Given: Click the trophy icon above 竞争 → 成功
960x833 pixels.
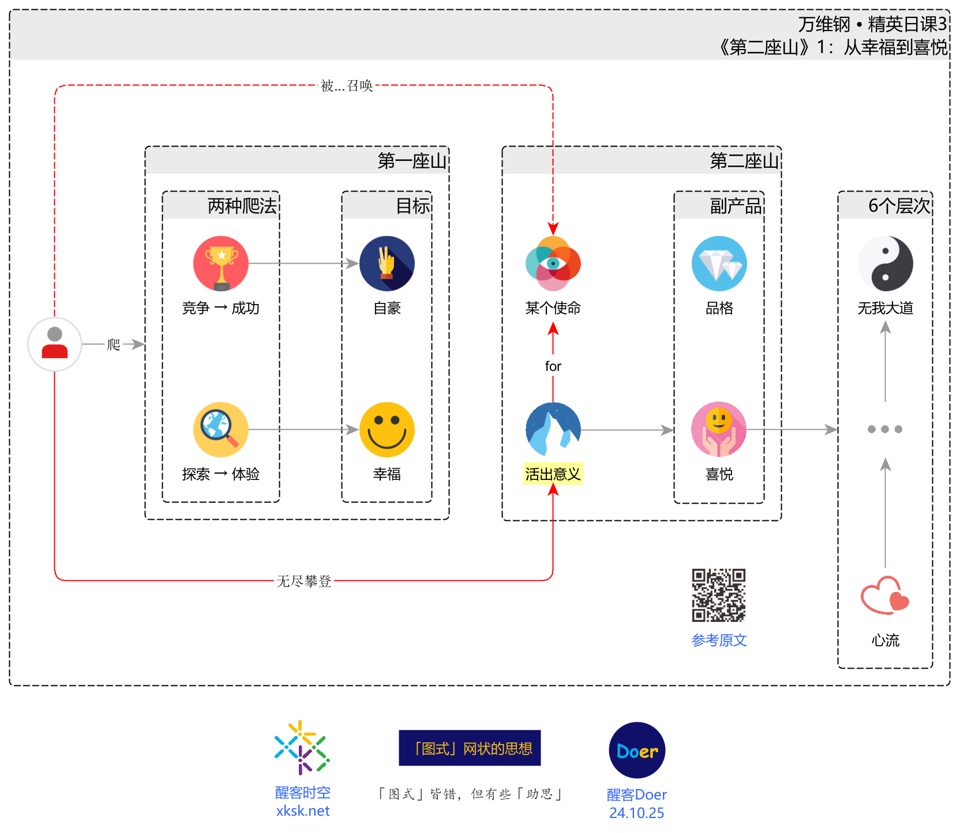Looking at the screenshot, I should click(221, 264).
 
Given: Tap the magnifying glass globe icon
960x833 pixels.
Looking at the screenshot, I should click(221, 430).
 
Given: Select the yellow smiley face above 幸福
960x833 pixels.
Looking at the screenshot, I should click(387, 430).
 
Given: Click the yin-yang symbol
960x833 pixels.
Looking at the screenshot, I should click(885, 264).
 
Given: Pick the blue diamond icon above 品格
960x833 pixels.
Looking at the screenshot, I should click(719, 264).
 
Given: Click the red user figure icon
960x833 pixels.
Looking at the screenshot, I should click(55, 344).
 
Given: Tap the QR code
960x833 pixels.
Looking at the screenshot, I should click(719, 595).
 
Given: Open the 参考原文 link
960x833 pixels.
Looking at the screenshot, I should click(719, 640).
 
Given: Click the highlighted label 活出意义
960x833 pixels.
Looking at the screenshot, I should click(553, 474).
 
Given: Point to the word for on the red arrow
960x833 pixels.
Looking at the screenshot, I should click(553, 366).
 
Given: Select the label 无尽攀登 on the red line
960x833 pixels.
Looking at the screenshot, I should click(303, 581).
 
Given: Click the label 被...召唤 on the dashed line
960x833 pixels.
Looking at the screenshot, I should click(347, 86).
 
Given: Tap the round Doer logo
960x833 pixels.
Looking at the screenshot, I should click(637, 750).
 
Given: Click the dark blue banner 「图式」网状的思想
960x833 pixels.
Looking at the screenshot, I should click(470, 748).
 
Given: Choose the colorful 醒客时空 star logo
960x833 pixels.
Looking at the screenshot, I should click(302, 748).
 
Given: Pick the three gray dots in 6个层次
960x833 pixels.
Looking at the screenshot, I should click(885, 429).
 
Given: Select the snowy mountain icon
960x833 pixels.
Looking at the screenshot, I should click(553, 430).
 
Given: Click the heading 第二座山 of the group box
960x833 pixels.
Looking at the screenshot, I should click(744, 161).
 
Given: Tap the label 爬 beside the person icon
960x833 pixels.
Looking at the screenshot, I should click(114, 344).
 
